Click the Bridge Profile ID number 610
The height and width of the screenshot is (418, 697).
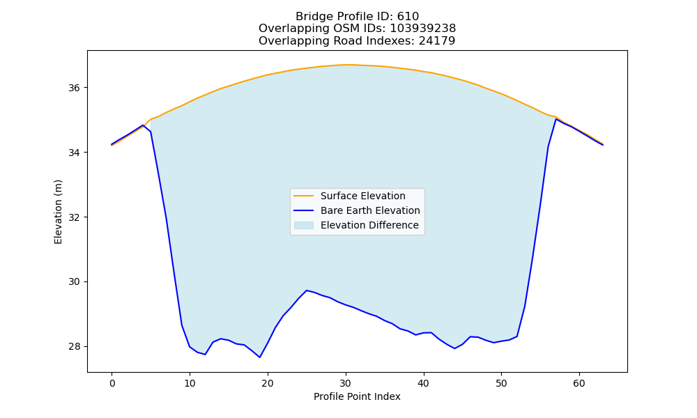click(408, 17)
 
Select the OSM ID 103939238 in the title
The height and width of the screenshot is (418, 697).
click(423, 29)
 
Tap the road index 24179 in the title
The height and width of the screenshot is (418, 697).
click(437, 41)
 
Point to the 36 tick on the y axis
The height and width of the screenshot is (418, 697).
click(74, 88)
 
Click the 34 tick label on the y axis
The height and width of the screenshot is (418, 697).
click(74, 153)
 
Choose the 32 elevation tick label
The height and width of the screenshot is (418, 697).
click(74, 217)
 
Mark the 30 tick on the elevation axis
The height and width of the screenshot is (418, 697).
click(74, 282)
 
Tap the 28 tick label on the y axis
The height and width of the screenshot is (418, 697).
click(74, 347)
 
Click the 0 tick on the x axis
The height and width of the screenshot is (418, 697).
click(112, 383)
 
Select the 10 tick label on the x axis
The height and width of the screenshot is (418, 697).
click(190, 383)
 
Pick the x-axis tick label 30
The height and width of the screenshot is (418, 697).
click(346, 383)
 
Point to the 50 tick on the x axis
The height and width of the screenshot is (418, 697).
click(501, 383)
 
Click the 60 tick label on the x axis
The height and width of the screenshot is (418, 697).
click(579, 383)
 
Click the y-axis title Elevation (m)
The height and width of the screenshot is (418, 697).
click(58, 212)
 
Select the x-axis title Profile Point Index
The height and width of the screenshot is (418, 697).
click(357, 396)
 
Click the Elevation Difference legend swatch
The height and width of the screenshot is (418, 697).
click(304, 225)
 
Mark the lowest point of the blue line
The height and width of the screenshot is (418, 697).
click(259, 357)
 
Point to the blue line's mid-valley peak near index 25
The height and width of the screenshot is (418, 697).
click(306, 291)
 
